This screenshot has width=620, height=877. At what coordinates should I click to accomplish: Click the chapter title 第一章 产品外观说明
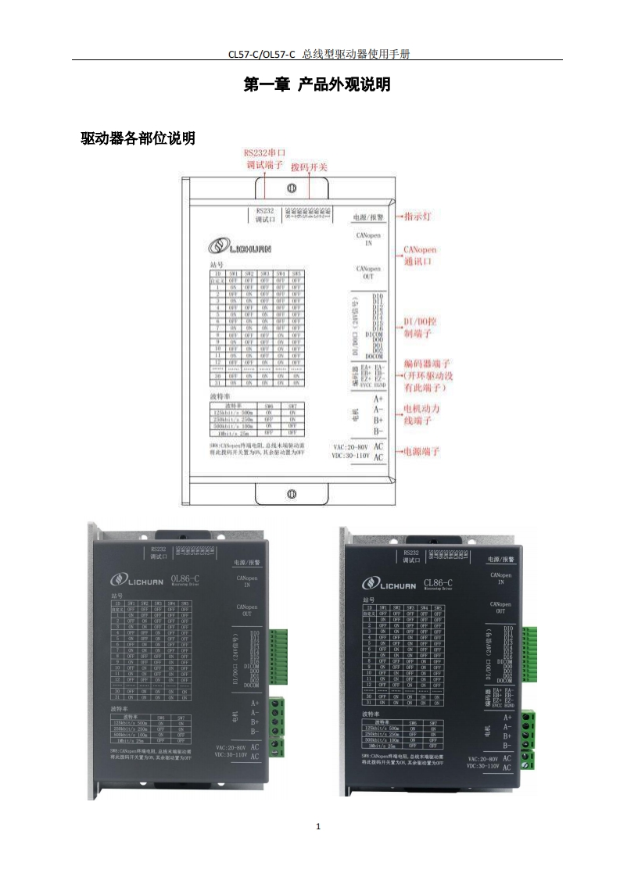tap(317, 85)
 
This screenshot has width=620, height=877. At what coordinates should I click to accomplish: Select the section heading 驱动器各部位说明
tap(138, 139)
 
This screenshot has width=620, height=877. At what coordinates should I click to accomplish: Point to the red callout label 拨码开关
tap(309, 167)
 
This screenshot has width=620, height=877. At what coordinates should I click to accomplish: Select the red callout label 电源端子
tap(421, 452)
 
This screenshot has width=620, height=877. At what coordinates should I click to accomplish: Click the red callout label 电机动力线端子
tap(426, 415)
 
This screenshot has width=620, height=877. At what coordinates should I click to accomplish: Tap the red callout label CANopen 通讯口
tap(420, 256)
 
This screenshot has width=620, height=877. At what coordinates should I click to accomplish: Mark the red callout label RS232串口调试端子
tap(264, 159)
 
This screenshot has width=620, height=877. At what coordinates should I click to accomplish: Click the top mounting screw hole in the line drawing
tap(291, 188)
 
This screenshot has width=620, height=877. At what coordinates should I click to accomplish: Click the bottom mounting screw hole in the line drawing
tap(291, 493)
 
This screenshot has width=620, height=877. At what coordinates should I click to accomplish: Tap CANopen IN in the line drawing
tap(368, 238)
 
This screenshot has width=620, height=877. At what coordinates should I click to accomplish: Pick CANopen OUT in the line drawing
tap(368, 272)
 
